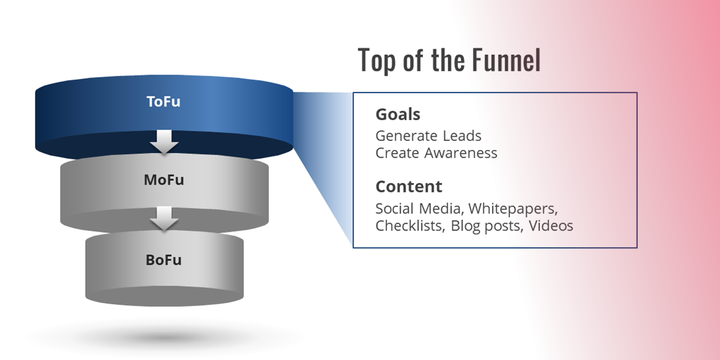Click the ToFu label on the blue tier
(x=163, y=101)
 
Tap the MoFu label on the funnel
(x=164, y=179)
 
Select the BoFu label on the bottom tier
(x=164, y=260)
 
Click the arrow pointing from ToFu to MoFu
(x=164, y=142)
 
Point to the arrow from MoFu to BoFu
(x=164, y=218)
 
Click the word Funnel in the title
(x=506, y=60)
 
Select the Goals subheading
(x=398, y=115)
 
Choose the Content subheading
(x=409, y=187)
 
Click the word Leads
(x=462, y=136)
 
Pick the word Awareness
(x=461, y=153)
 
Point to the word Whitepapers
(x=513, y=209)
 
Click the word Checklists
(x=410, y=226)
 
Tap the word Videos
(x=551, y=226)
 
